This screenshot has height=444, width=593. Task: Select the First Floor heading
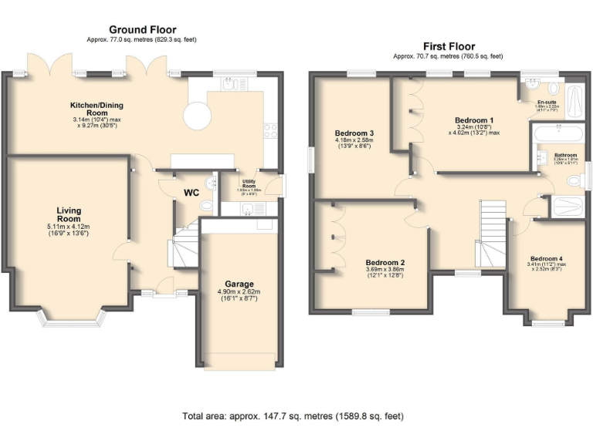(x=448, y=46)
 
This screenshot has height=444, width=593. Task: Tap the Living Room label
(x=68, y=214)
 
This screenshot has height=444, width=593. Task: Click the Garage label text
(x=239, y=283)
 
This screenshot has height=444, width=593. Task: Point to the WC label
(x=191, y=193)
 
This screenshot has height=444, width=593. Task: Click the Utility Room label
(x=249, y=186)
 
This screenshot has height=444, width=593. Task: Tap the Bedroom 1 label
(x=474, y=120)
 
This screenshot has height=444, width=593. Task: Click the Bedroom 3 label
(x=354, y=133)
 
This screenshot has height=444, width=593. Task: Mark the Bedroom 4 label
(x=547, y=258)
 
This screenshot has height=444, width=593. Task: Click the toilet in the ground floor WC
(x=205, y=207)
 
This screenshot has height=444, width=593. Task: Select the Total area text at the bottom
(x=293, y=416)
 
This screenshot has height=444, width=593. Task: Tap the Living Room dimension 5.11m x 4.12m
(x=68, y=227)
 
